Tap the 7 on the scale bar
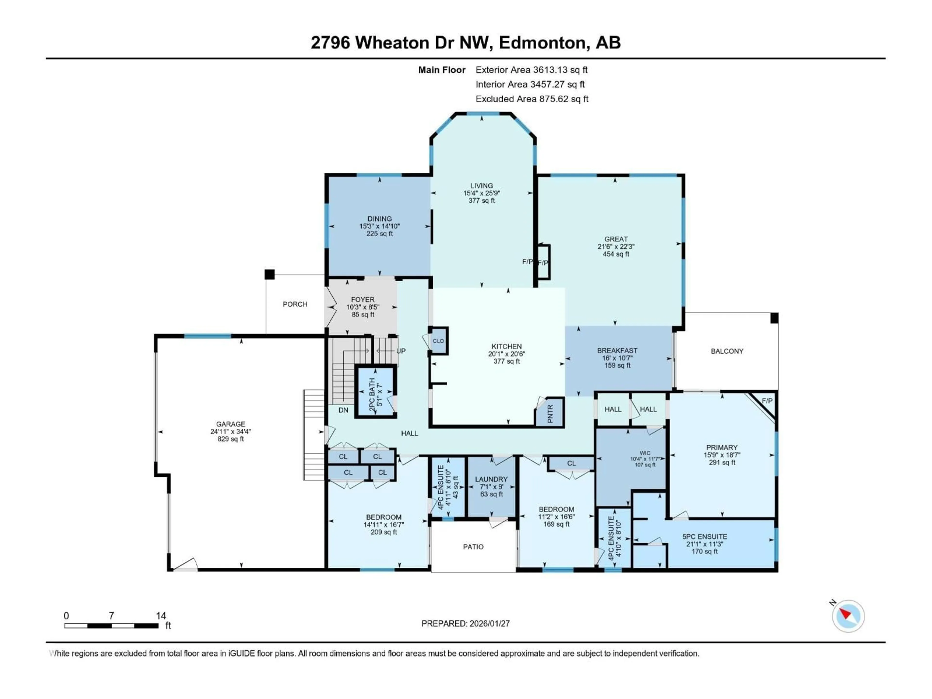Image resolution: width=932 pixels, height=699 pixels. coord(111,616)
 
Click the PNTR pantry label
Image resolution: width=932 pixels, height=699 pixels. coord(549,413)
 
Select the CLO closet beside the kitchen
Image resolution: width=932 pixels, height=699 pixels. coord(438,341)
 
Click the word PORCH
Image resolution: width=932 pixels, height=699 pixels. coord(295,304)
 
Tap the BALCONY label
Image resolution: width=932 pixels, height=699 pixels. coord(727,351)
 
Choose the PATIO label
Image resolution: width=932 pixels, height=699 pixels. coord(473,547)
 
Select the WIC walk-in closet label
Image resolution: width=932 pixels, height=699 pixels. coord(645,453)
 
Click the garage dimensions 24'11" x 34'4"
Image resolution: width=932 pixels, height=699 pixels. coord(231,432)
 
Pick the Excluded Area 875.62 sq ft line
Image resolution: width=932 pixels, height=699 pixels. coord(532,99)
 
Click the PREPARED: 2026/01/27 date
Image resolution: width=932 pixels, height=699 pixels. coord(466,624)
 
